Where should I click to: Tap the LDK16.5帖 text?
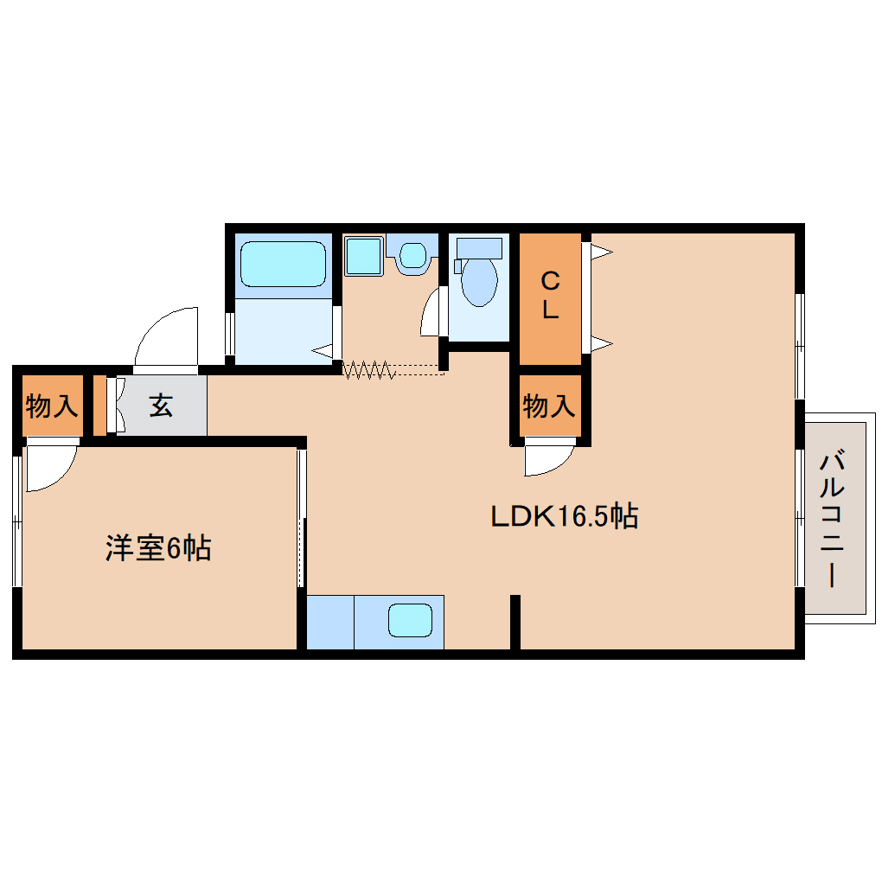[564, 516]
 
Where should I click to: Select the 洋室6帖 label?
[158, 548]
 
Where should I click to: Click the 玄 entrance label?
[162, 405]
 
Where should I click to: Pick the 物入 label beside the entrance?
[52, 405]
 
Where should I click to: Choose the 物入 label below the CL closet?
[549, 405]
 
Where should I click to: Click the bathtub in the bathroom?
[283, 264]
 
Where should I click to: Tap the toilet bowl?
[479, 282]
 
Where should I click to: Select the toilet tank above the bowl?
[479, 247]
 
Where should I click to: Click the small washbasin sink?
[413, 256]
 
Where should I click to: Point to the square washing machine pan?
[364, 255]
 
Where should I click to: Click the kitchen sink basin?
[409, 620]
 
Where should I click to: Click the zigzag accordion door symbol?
[369, 371]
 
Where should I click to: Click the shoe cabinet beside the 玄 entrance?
[99, 405]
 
